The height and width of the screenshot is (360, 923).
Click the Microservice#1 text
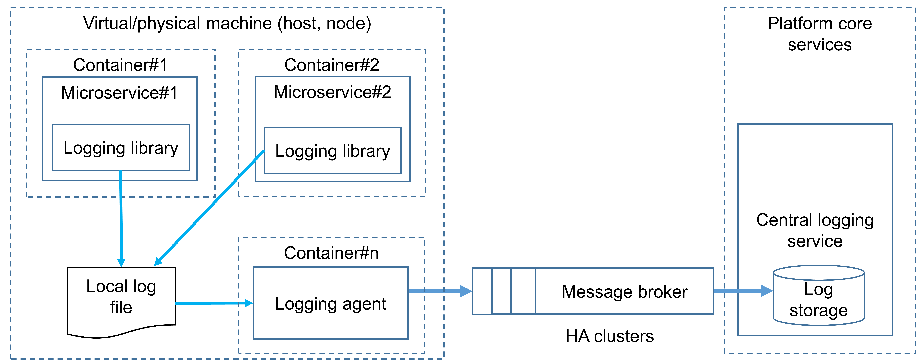tap(119, 93)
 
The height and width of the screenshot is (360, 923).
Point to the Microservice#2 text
tap(332, 92)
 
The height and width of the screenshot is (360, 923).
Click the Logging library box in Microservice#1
tap(121, 148)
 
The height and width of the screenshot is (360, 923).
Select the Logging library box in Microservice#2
tap(333, 150)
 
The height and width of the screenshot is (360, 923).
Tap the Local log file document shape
tap(122, 297)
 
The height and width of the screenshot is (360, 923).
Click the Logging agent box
tap(330, 303)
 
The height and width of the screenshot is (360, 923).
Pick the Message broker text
tap(624, 292)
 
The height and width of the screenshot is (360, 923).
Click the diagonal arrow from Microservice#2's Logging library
tap(211, 206)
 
